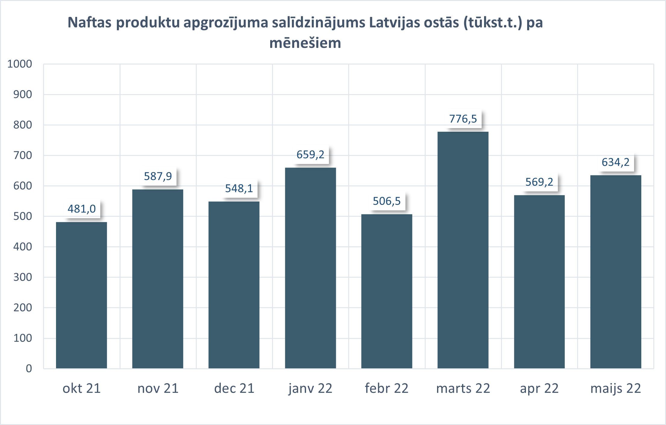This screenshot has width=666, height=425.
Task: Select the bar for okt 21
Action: [81, 295]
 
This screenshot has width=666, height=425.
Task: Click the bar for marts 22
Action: [463, 250]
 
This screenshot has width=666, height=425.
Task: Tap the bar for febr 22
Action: [387, 291]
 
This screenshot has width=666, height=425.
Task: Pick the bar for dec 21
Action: [234, 285]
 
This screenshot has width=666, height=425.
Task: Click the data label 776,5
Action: [463, 119]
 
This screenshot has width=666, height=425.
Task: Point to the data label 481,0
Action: [82, 209]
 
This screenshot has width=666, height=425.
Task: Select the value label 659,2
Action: [310, 155]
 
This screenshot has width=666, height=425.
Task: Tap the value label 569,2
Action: [539, 182]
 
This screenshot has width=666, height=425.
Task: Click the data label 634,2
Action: [615, 162]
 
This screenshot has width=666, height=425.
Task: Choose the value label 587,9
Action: [158, 176]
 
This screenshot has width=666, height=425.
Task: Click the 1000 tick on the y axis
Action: [20, 64]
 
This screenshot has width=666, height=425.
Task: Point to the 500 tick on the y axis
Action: [23, 216]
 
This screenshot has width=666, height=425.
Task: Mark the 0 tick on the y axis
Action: [29, 368]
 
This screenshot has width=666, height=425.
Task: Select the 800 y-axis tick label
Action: [23, 125]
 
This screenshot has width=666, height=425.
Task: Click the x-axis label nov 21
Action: [158, 389]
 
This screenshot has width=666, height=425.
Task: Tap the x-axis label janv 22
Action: [310, 389]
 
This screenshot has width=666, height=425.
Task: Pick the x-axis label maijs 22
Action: [615, 389]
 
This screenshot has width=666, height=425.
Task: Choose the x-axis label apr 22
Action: [539, 389]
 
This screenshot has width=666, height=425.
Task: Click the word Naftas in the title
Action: [89, 23]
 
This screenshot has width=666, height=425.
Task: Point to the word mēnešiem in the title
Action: [305, 43]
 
